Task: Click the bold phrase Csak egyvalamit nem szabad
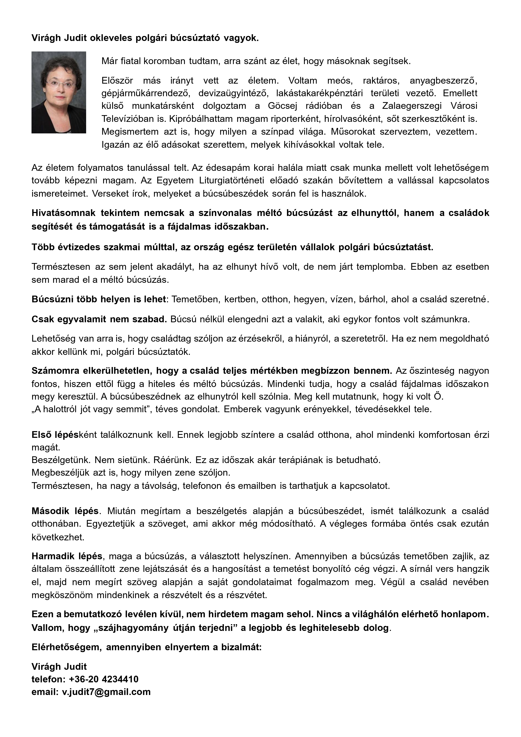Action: pyautogui.click(x=99, y=319)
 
